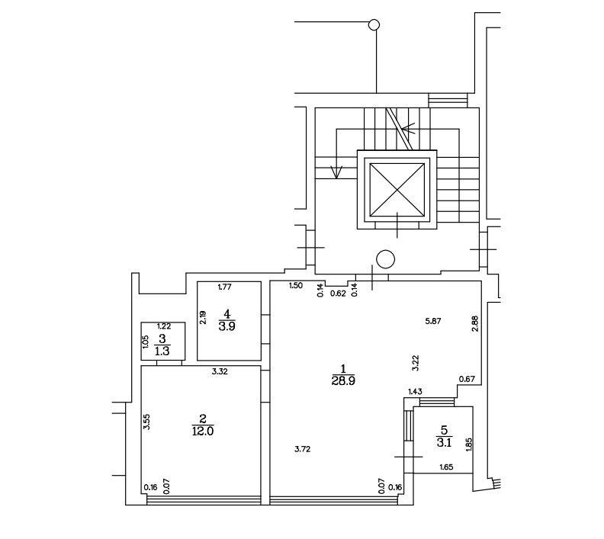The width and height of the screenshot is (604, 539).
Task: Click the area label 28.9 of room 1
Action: coord(343,381)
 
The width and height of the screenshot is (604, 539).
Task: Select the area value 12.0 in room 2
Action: coord(203,432)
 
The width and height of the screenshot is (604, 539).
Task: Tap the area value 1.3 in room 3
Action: coord(162,351)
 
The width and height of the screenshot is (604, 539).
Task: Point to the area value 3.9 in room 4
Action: coord(227,326)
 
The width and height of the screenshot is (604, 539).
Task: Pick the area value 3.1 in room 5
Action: coord(444,443)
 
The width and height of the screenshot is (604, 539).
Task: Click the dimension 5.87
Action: coord(433,321)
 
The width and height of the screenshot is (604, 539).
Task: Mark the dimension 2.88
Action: coord(474,324)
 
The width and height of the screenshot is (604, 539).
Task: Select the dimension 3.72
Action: coord(303,449)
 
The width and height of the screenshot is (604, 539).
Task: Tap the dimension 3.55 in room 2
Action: coord(146,422)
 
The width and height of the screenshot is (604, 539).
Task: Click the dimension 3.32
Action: coord(220,371)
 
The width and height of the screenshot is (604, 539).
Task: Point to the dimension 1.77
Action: coord(224,287)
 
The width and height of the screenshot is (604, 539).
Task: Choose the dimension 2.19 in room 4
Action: coord(203,317)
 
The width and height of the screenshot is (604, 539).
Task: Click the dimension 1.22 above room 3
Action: coord(164,326)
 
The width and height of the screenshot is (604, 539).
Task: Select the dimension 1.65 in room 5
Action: coord(446,467)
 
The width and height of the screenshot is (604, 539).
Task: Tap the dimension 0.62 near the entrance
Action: coord(338,294)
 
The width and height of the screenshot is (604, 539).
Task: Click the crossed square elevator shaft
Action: coord(397,190)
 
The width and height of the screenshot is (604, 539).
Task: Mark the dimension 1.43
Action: coord(415,392)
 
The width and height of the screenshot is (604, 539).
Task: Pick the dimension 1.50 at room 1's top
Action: coord(296,286)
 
